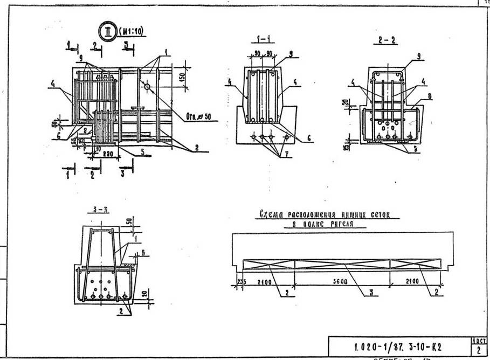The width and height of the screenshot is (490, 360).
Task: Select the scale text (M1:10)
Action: coord(133,30)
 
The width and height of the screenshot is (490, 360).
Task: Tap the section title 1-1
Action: coord(265,39)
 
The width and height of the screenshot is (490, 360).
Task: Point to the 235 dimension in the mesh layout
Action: coord(241,281)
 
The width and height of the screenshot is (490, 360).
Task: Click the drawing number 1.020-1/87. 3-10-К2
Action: coord(398,343)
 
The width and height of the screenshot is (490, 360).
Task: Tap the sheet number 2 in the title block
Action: coord(478,349)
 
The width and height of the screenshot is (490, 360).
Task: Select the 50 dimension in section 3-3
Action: coord(129,222)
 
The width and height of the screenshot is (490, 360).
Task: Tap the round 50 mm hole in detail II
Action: coord(148,87)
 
